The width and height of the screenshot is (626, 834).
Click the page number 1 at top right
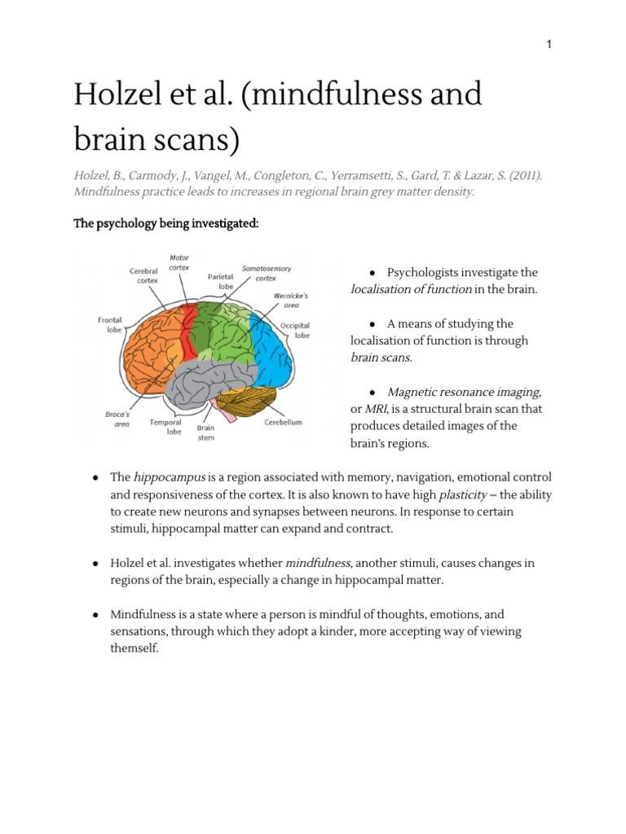click(x=549, y=44)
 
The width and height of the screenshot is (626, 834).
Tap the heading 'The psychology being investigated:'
click(x=166, y=224)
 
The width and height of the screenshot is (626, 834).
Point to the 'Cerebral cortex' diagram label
click(x=143, y=275)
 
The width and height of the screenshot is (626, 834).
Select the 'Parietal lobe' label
click(x=221, y=280)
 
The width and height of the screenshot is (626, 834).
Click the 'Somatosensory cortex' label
click(x=266, y=273)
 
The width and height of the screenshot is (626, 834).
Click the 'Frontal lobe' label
click(x=110, y=325)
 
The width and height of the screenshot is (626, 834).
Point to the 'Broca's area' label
click(x=117, y=419)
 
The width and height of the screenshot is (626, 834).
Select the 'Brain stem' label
click(x=205, y=432)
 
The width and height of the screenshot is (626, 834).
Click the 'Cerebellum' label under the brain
click(x=284, y=423)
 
